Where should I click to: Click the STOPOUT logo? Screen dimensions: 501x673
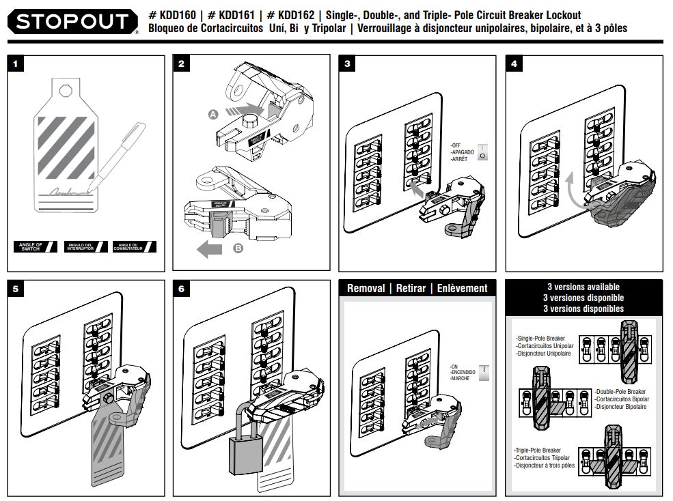point(72,22)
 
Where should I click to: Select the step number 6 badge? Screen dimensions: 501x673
point(182,289)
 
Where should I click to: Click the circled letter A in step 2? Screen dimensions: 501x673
point(213,115)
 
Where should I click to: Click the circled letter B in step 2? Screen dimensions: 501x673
point(238,249)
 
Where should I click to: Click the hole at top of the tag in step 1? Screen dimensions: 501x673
point(66,88)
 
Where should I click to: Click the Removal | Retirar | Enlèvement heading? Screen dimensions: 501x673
point(417,288)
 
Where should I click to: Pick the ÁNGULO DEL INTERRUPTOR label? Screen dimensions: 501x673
point(85,247)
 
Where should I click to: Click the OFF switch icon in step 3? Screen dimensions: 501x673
point(482,152)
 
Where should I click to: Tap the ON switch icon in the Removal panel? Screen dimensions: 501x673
point(484,372)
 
